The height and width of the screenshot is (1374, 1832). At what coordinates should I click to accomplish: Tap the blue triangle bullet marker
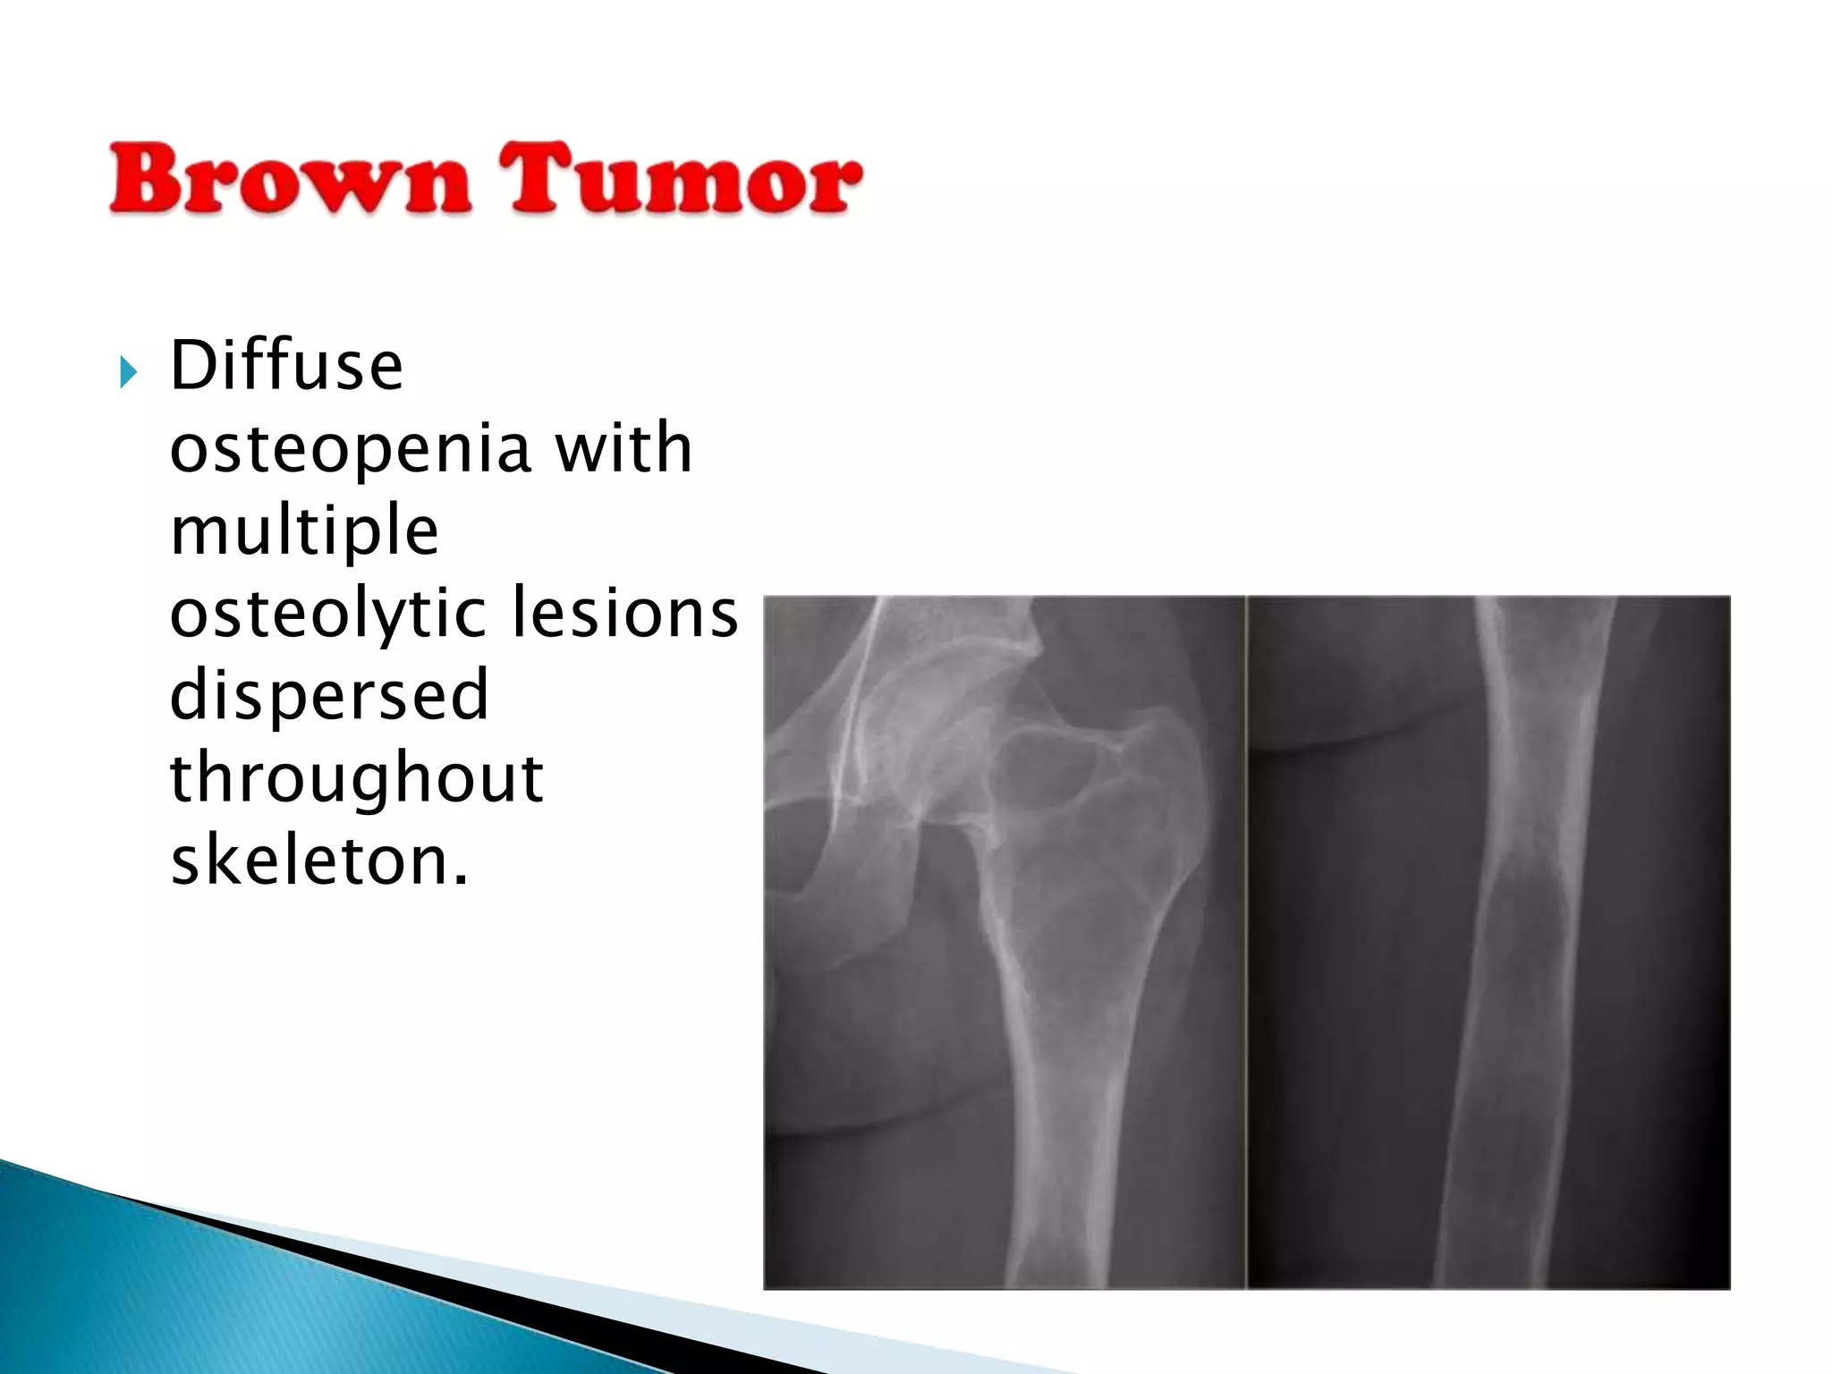(128, 371)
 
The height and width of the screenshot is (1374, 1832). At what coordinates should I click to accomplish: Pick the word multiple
(304, 531)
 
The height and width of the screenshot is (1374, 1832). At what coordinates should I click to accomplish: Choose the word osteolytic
(327, 615)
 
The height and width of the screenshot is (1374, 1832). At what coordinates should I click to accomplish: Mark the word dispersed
(329, 695)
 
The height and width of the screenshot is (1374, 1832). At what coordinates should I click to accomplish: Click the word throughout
(356, 778)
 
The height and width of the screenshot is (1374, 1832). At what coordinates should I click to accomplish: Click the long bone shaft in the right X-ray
(1512, 1029)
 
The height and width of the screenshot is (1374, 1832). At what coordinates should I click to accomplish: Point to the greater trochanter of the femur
(1154, 760)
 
